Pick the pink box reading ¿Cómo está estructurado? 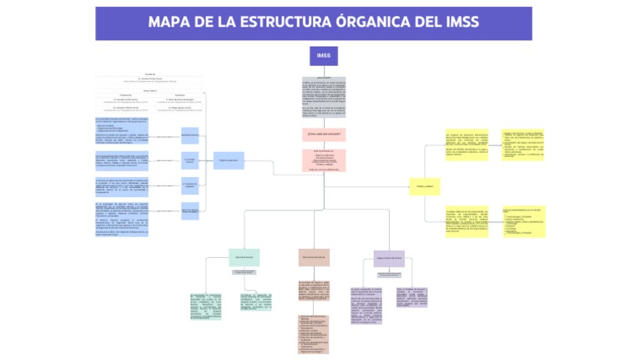[x=323, y=134]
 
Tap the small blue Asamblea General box [x=190, y=134]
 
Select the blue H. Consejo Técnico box [x=190, y=159]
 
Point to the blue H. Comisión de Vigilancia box [x=190, y=185]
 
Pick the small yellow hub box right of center [x=423, y=187]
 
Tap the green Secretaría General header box [x=245, y=257]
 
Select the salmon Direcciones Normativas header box [x=314, y=257]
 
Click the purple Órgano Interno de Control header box [x=389, y=258]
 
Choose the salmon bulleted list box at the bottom [x=314, y=332]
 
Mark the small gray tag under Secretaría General [x=245, y=272]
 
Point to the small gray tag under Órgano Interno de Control [x=389, y=273]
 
